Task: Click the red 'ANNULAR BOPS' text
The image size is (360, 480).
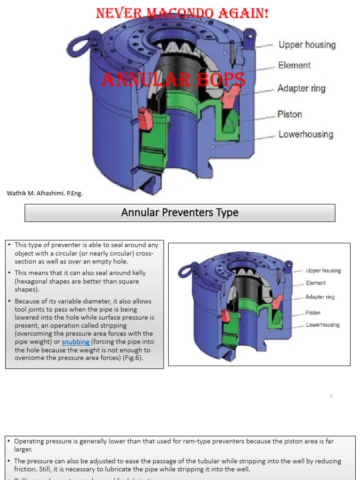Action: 173,80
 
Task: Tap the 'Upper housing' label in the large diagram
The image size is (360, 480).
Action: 307,45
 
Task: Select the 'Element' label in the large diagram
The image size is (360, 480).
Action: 294,66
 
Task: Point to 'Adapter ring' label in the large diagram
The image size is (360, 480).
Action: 301,89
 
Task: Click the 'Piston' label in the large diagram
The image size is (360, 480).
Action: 290,114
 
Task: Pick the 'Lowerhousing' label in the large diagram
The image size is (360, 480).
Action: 306,135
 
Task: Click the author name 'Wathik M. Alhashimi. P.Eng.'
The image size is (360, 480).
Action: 45,193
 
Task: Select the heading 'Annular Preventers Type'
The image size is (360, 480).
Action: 180,213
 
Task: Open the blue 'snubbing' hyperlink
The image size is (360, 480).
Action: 75,342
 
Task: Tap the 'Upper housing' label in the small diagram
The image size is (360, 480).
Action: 323,271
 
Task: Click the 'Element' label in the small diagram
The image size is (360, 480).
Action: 315,283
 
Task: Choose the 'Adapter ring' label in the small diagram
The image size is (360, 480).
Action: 320,297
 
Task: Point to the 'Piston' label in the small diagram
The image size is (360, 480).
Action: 313,313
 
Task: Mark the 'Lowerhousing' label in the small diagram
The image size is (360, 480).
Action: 322,325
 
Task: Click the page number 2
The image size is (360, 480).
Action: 331,397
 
